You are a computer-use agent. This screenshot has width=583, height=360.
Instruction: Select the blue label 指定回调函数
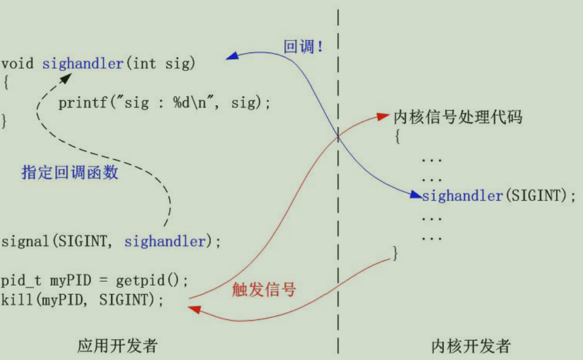(70, 172)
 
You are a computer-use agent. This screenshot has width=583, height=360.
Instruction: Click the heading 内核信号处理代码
(457, 118)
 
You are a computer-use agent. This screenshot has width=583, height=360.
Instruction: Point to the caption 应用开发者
(117, 345)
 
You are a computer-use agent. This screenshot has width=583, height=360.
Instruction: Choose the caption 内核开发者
(471, 345)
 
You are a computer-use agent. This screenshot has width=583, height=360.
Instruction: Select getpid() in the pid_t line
(151, 280)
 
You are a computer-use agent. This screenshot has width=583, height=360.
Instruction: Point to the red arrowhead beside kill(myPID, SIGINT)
(192, 308)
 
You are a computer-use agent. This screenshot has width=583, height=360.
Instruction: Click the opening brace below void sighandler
(6, 83)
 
